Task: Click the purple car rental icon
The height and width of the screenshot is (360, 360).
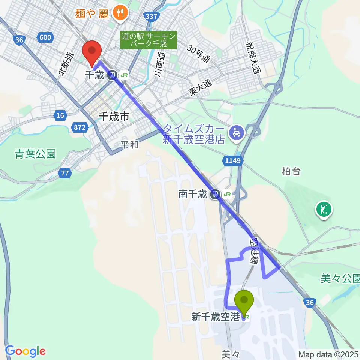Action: (237, 133)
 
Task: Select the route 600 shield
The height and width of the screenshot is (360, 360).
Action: (45, 37)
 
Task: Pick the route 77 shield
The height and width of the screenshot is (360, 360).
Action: (65, 173)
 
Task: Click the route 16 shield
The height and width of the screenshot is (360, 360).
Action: (60, 115)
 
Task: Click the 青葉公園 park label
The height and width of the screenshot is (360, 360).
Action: (35, 154)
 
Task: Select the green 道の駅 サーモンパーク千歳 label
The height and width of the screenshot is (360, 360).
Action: (148, 40)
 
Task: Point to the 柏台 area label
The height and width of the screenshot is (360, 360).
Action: (291, 171)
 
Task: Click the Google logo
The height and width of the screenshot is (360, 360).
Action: (25, 351)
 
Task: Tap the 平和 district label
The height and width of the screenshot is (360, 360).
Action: (129, 144)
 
